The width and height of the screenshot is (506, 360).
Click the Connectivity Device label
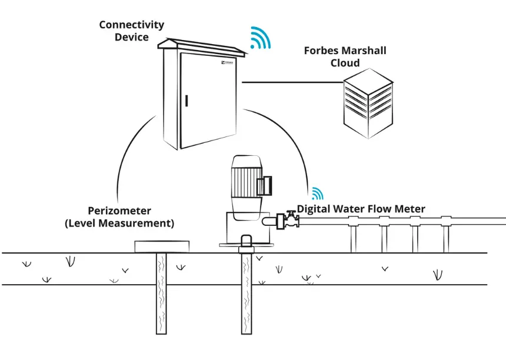pos(131,31)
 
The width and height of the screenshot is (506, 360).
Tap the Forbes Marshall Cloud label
pos(345,56)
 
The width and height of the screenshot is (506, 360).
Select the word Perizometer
pos(119,211)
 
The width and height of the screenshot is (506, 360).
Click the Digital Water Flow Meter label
pos(361,209)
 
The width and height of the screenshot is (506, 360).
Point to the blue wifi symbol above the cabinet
pos(259,38)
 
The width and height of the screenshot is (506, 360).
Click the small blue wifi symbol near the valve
pos(317,194)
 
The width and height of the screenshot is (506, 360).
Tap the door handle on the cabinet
pos(187,101)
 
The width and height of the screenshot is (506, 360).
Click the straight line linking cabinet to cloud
pos(291,82)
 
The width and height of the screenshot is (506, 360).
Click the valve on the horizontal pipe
pos(289,220)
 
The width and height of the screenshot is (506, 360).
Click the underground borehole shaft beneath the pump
pos(247,294)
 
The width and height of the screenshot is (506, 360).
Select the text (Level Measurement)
pos(119,224)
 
